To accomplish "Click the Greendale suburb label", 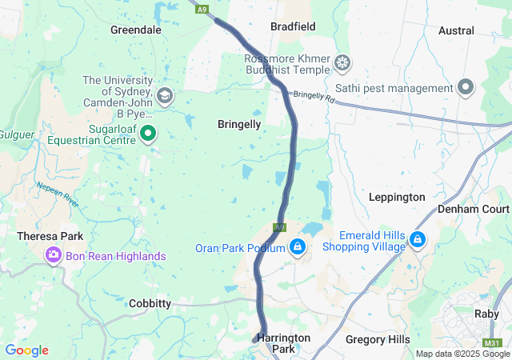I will click(x=135, y=30).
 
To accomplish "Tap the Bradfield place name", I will click(x=293, y=26).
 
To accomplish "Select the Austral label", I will click(x=456, y=30).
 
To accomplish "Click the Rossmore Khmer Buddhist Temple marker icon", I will click(x=342, y=62).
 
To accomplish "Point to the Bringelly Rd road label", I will click(x=313, y=96).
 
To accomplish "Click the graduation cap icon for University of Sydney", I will click(x=166, y=96).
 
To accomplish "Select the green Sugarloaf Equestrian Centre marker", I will click(x=148, y=134).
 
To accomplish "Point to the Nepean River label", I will click(x=58, y=194).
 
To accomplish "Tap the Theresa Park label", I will click(x=50, y=237).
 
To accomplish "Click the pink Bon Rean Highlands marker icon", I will click(x=54, y=255).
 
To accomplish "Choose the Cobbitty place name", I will click(x=150, y=303).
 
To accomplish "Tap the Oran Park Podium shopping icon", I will click(x=298, y=246).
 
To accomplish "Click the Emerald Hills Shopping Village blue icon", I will click(x=417, y=239).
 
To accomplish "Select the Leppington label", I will click(x=397, y=197).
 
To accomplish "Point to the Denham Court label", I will click(x=473, y=209).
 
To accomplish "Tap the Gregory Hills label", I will click(x=378, y=339).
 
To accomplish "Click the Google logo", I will click(x=26, y=350).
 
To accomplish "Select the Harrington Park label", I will click(x=284, y=343).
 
